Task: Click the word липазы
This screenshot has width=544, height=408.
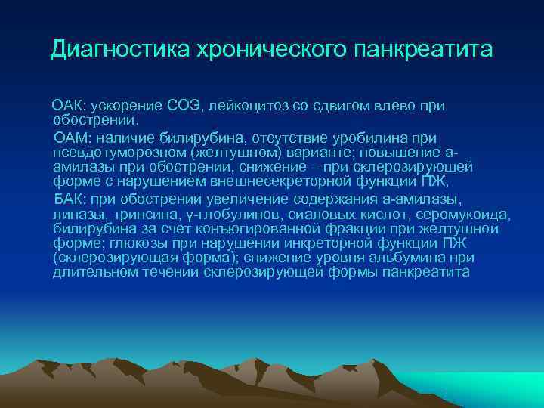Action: click(76, 214)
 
